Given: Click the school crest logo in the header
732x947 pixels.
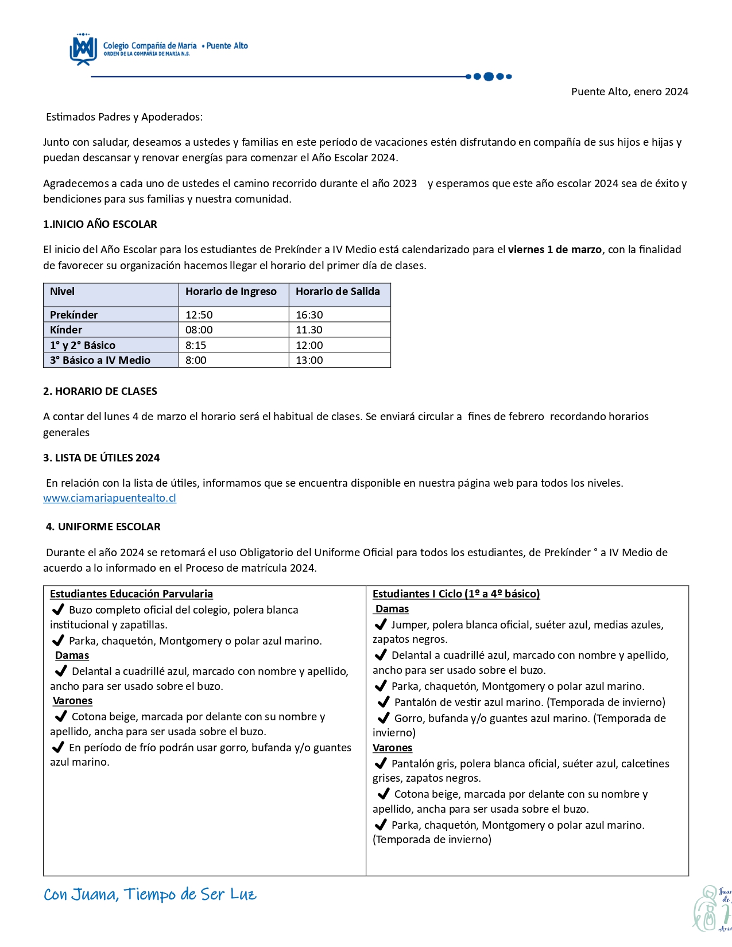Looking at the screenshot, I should point(83,49).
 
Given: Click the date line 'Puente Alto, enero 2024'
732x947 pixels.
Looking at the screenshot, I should point(629,92).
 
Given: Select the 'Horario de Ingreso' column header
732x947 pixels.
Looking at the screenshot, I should point(231,292).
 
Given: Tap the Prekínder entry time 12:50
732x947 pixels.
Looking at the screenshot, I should point(199,315).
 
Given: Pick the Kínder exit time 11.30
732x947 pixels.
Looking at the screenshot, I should point(309,330).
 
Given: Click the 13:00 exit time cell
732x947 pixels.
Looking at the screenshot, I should point(309,360).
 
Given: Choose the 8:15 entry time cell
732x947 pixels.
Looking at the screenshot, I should point(196,346).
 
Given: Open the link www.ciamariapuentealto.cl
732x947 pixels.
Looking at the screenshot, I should point(110,498).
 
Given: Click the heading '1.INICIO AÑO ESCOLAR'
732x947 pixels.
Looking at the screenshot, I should point(100,224).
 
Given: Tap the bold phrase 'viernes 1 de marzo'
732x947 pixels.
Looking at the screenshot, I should point(555,250).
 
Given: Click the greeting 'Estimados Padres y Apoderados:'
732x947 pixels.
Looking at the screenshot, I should point(124,117).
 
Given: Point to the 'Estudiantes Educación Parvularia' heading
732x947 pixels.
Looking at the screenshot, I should point(131,594).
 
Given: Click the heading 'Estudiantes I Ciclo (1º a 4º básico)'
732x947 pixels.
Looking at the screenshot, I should point(456,594).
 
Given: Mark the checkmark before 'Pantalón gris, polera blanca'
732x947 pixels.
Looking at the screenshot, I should point(380,763).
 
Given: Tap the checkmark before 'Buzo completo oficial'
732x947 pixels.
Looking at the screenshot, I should point(57,610).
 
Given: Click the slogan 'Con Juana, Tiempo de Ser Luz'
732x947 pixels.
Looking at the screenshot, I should point(150,895).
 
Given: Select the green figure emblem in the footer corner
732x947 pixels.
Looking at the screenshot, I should point(712,909).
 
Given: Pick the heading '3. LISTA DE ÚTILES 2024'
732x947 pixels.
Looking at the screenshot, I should point(102,458).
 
